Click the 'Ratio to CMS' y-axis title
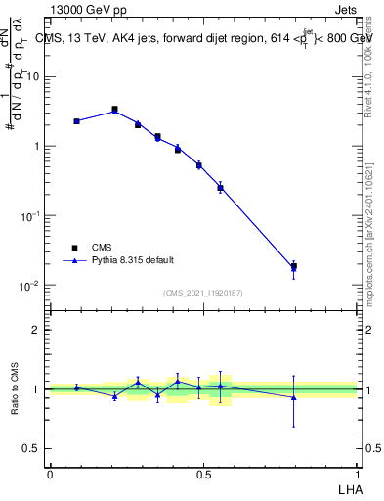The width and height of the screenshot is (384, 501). click(x=17, y=388)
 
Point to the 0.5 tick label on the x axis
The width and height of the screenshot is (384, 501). click(x=203, y=473)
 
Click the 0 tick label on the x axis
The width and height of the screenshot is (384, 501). click(x=50, y=473)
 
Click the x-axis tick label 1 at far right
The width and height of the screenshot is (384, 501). click(x=357, y=473)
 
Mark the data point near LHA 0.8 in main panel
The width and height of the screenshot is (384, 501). click(x=293, y=266)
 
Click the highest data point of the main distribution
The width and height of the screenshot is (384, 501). click(x=114, y=110)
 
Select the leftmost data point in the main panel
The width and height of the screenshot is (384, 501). click(x=76, y=121)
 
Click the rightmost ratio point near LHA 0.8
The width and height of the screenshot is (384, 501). click(x=293, y=397)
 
